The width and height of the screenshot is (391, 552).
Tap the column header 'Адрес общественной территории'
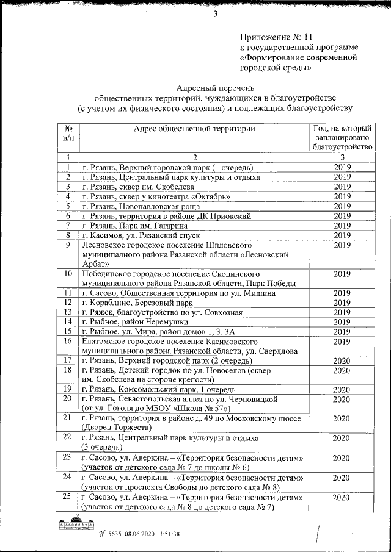point(195,129)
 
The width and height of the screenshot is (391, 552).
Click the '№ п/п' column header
point(69,134)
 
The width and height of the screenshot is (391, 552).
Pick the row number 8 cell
point(69,235)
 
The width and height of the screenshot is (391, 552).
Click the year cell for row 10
point(342,274)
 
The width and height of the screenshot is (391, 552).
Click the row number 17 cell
point(69,360)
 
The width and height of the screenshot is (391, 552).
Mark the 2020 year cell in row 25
point(342,498)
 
